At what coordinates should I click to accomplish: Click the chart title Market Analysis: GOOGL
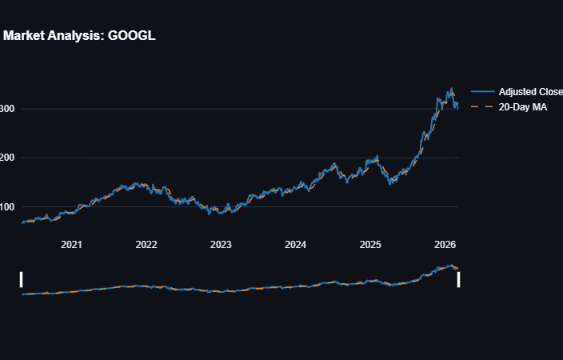78,36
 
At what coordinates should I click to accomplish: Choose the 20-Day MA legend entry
523,106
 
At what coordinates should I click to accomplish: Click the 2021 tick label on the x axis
72,244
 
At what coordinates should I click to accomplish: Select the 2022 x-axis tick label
146,244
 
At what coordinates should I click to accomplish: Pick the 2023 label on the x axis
221,244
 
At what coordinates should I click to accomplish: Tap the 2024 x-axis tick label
295,244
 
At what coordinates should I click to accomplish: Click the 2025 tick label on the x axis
369,244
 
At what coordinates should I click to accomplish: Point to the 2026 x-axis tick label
444,244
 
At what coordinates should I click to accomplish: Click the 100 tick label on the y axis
6,206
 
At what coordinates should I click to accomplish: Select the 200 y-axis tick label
6,158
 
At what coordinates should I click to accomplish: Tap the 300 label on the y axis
6,109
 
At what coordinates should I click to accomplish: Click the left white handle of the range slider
22,278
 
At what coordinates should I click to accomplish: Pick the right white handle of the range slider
458,278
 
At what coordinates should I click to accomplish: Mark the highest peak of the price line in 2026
452,88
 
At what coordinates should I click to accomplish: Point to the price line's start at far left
22,222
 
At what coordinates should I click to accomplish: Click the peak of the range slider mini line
452,266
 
